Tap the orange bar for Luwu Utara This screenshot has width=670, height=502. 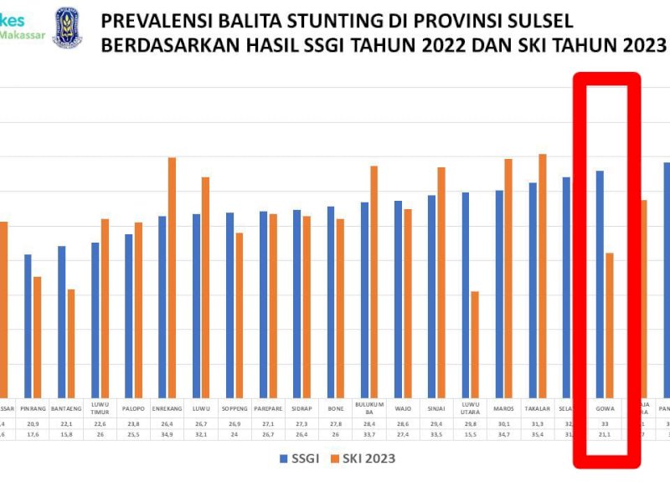475,343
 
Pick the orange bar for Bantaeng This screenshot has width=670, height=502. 71,342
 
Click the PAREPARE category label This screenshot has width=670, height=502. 269,410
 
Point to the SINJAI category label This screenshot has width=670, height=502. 437,410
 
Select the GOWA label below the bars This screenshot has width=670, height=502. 605,410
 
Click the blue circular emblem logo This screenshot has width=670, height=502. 68,28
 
